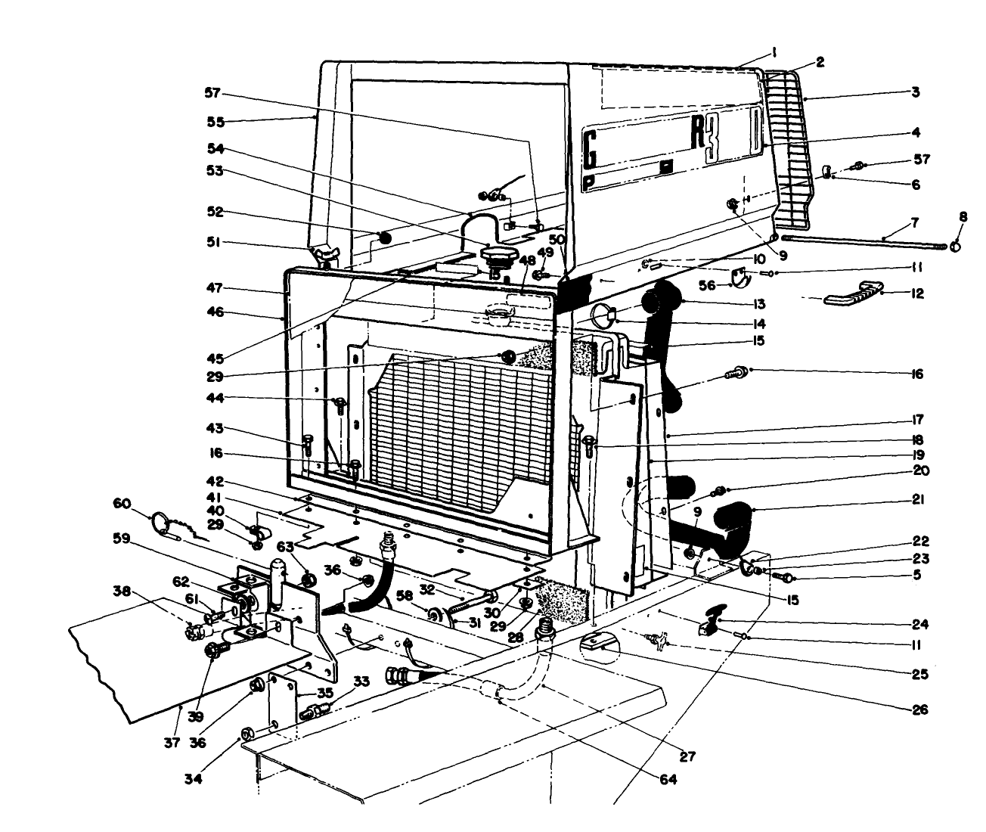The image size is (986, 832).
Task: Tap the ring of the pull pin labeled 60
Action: tap(161, 520)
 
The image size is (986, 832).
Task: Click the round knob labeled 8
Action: tap(956, 246)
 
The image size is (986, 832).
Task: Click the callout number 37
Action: tap(172, 743)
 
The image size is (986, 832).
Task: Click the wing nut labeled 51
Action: tap(324, 256)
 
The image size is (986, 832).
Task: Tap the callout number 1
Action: tap(774, 52)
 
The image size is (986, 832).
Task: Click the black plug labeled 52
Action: tap(384, 237)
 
